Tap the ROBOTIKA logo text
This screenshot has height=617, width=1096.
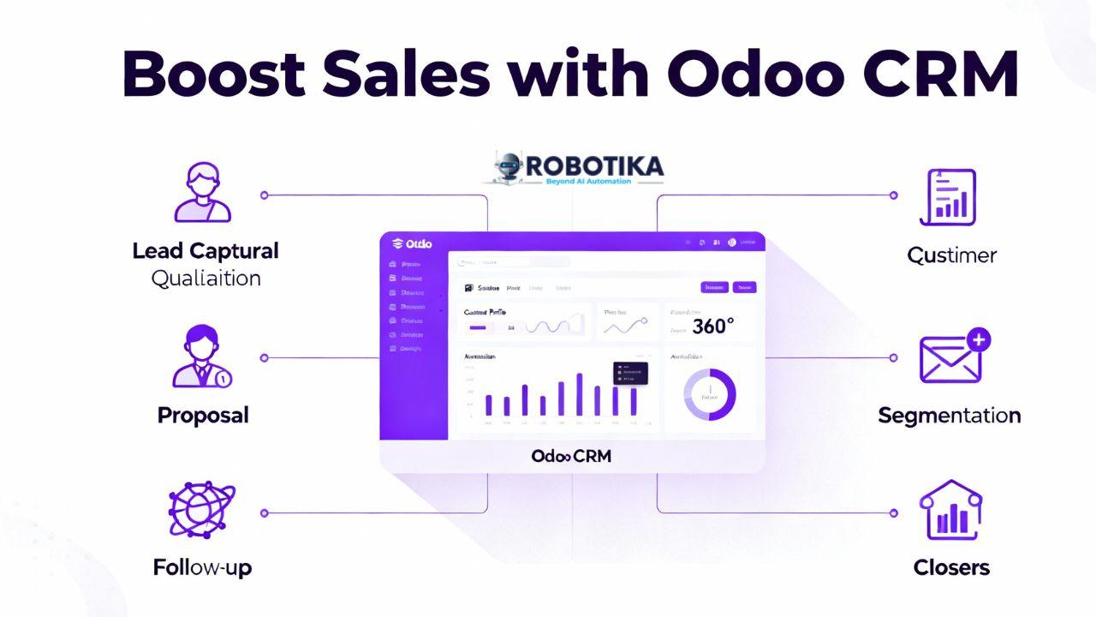coord(592,166)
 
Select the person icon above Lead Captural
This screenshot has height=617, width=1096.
coord(203,195)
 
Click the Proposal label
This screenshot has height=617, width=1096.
coord(203,416)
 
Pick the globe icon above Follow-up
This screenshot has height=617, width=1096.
coord(202,510)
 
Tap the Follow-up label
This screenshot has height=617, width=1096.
coord(203,567)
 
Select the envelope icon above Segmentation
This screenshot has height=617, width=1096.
coord(950,358)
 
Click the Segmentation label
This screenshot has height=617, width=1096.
coord(950,416)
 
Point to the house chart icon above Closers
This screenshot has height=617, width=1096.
coord(950,510)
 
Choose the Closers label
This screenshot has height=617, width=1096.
coord(951,567)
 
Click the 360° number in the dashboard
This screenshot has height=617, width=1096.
coord(713,326)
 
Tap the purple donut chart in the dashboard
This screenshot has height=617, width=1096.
coord(710,395)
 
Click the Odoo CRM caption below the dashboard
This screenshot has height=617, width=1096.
coord(571,456)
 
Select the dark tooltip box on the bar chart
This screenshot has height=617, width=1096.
coord(630,373)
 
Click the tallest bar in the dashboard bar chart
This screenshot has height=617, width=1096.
coord(580,394)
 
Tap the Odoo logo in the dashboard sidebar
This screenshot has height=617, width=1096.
coord(412,244)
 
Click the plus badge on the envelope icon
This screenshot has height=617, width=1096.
coord(978,339)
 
